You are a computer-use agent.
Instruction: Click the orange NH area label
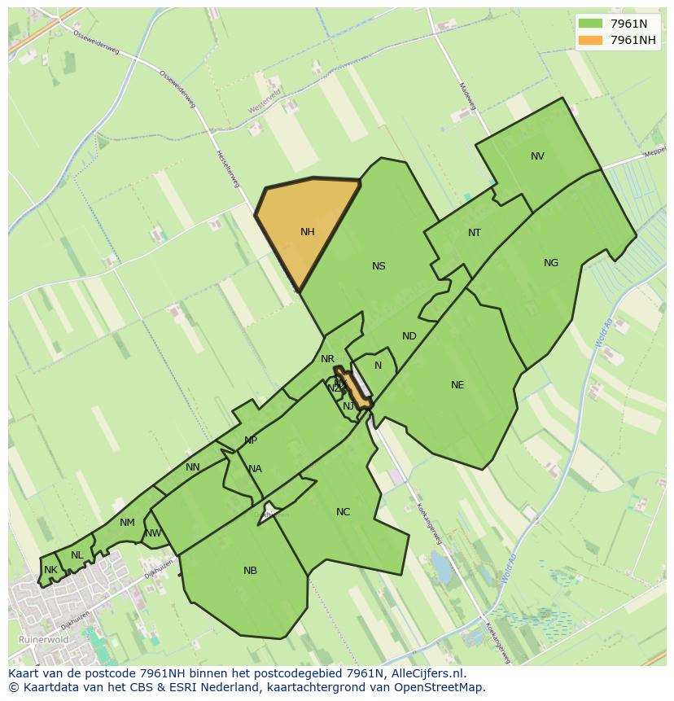(x=307, y=232)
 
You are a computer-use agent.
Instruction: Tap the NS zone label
(x=379, y=266)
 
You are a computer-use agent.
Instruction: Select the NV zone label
(x=537, y=156)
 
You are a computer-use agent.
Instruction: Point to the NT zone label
(x=475, y=233)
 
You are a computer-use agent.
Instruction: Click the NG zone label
(x=551, y=263)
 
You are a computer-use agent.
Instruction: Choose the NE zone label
(x=457, y=385)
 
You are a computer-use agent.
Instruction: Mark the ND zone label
(x=409, y=336)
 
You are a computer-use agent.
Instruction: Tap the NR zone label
(x=327, y=359)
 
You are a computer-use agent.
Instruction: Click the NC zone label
(x=343, y=512)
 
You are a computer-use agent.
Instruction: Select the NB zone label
(x=250, y=571)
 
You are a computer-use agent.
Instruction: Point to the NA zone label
(x=255, y=469)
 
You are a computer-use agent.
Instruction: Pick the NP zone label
(x=251, y=440)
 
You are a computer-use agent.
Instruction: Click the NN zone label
(x=193, y=467)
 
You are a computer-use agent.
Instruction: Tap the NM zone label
(x=127, y=523)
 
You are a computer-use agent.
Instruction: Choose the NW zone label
(x=153, y=534)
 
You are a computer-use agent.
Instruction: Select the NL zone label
(x=77, y=555)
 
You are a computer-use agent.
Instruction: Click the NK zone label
(x=50, y=570)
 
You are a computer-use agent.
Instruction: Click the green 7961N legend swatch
(x=589, y=24)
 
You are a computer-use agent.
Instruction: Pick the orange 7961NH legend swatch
(x=589, y=40)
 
